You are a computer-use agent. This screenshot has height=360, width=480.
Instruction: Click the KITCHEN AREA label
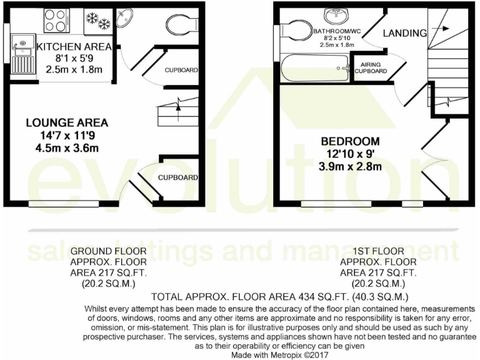click(x=74, y=47)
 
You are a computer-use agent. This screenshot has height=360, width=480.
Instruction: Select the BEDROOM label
click(x=350, y=141)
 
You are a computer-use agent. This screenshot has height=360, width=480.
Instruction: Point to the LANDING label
click(x=404, y=32)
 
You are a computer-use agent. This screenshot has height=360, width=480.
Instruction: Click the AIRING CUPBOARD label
click(x=371, y=67)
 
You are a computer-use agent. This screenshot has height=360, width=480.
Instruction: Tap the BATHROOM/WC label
click(x=337, y=30)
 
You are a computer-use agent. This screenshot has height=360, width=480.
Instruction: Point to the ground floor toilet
click(x=182, y=25)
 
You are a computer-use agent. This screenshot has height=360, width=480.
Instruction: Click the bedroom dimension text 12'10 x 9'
click(x=351, y=154)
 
